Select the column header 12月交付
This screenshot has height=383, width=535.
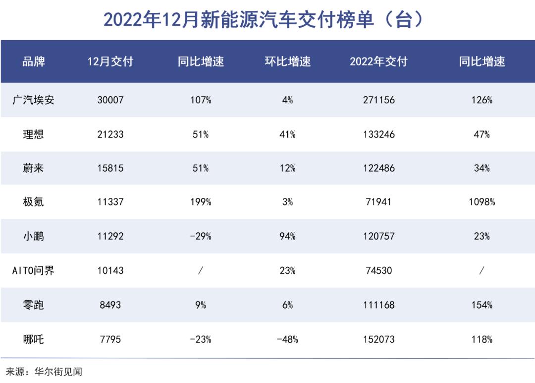pyautogui.click(x=110, y=62)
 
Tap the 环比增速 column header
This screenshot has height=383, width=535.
pyautogui.click(x=288, y=62)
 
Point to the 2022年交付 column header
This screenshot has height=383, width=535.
pyautogui.click(x=378, y=62)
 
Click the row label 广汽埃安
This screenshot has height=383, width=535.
pyautogui.click(x=34, y=100)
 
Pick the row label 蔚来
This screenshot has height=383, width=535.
pyautogui.click(x=34, y=168)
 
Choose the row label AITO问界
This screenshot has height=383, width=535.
pyautogui.click(x=34, y=271)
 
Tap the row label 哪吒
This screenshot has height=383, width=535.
pyautogui.click(x=34, y=339)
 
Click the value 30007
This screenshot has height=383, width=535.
pyautogui.click(x=110, y=100)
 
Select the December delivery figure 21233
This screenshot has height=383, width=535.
pyautogui.click(x=110, y=134)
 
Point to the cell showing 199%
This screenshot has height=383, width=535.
pyautogui.click(x=201, y=202)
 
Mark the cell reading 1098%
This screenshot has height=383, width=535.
pyautogui.click(x=482, y=202)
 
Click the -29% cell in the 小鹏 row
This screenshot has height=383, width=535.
pyautogui.click(x=201, y=237)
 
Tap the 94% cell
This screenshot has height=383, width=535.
pyautogui.click(x=288, y=237)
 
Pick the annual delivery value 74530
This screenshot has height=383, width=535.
pyautogui.click(x=378, y=271)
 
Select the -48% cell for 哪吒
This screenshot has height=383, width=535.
pyautogui.click(x=288, y=339)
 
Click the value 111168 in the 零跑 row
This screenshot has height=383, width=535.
pyautogui.click(x=378, y=305)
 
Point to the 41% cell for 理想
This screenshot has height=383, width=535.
pyautogui.click(x=288, y=134)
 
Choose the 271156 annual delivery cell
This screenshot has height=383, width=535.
pyautogui.click(x=378, y=100)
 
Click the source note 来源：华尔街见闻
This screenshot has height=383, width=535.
pyautogui.click(x=44, y=372)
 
